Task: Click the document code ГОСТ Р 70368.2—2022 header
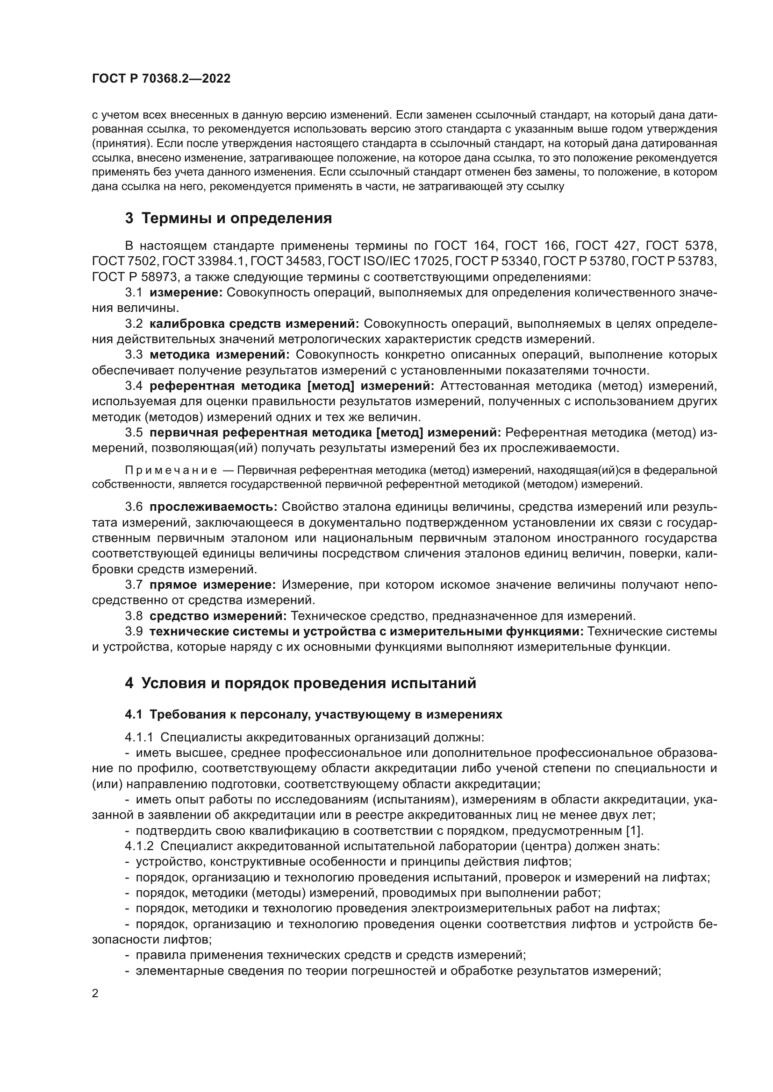pyautogui.click(x=161, y=79)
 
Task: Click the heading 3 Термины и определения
pyautogui.click(x=229, y=218)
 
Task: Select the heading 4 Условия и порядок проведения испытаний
pyautogui.click(x=301, y=683)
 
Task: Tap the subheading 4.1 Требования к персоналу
pyautogui.click(x=314, y=715)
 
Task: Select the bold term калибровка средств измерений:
pyautogui.click(x=255, y=324)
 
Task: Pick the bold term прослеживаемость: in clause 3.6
pyautogui.click(x=213, y=507)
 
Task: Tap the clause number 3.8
pyautogui.click(x=134, y=616)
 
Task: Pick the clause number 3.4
pyautogui.click(x=134, y=386)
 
